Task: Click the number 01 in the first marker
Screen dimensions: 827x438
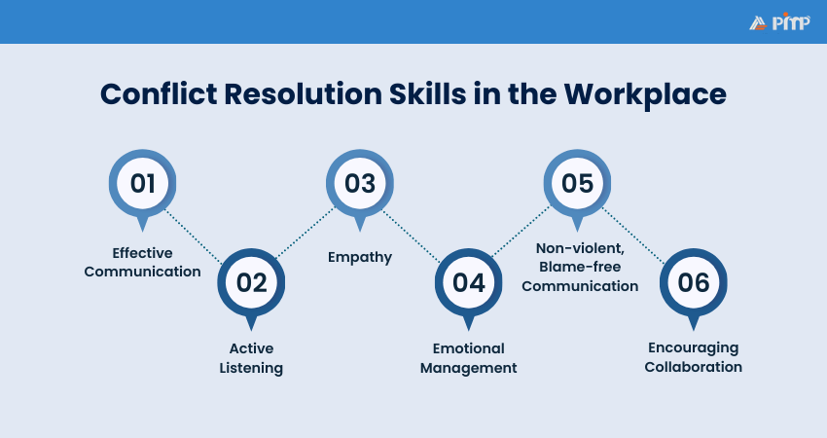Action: (x=142, y=183)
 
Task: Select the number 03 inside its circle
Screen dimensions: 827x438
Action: (x=360, y=183)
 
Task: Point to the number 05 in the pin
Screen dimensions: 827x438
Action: (x=577, y=183)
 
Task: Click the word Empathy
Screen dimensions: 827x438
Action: (x=360, y=258)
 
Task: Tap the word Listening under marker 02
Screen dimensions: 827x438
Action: (x=251, y=368)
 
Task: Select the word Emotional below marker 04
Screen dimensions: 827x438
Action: (x=468, y=348)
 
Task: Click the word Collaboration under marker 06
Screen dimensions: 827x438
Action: (x=693, y=367)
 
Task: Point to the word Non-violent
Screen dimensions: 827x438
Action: (x=580, y=248)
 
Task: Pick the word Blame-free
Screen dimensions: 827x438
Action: (x=580, y=267)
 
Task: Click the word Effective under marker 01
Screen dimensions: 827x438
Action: (x=142, y=253)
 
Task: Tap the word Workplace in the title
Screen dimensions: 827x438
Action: (x=645, y=95)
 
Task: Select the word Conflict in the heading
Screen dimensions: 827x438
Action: (x=159, y=94)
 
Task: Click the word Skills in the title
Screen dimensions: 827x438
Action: (x=428, y=94)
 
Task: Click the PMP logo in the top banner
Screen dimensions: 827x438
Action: (x=779, y=22)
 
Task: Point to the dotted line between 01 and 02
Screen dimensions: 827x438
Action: (x=194, y=237)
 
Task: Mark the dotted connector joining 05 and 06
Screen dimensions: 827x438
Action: (x=633, y=236)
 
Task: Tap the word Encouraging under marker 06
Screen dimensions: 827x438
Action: (x=693, y=348)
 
